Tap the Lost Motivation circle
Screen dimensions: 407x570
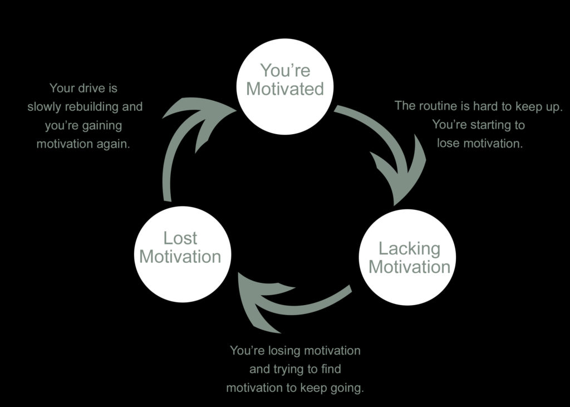(180, 254)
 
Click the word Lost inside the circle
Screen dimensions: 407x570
(180, 238)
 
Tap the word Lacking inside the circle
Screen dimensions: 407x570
(409, 248)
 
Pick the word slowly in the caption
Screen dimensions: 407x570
(44, 106)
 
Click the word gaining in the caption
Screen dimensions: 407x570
(102, 125)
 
